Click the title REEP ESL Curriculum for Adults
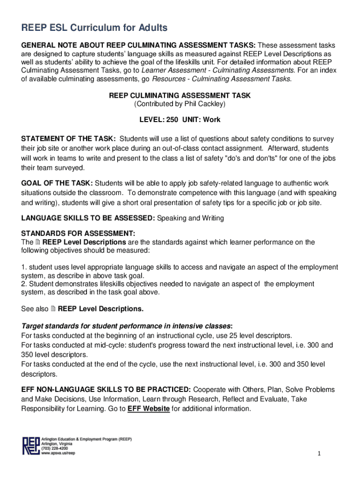94,29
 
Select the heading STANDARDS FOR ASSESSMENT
79,233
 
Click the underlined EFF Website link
148,408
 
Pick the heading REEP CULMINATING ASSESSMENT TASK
180,95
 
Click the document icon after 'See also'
52,309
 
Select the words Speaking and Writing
190,218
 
